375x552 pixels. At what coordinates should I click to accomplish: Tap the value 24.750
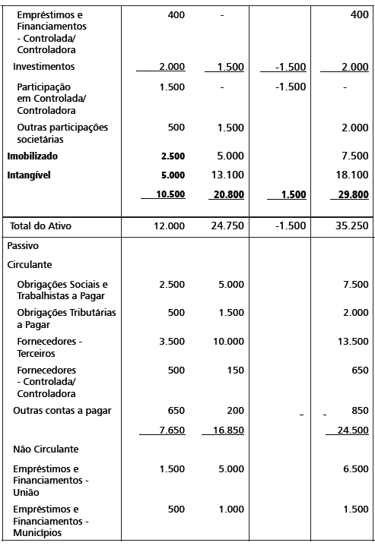pyautogui.click(x=228, y=226)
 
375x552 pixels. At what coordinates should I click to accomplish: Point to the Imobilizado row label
pyautogui.click(x=32, y=156)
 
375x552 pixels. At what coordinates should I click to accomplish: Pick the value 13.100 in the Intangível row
pyautogui.click(x=228, y=175)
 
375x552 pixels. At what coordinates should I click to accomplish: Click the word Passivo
pyautogui.click(x=23, y=247)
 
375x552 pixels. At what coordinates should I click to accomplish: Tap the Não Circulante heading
pyautogui.click(x=46, y=449)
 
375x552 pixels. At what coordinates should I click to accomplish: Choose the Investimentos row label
pyautogui.click(x=43, y=67)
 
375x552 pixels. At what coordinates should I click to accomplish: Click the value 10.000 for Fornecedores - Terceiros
pyautogui.click(x=228, y=342)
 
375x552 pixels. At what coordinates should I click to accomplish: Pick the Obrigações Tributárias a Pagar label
pyautogui.click(x=66, y=318)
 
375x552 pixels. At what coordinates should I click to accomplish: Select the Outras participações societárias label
pyautogui.click(x=62, y=134)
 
